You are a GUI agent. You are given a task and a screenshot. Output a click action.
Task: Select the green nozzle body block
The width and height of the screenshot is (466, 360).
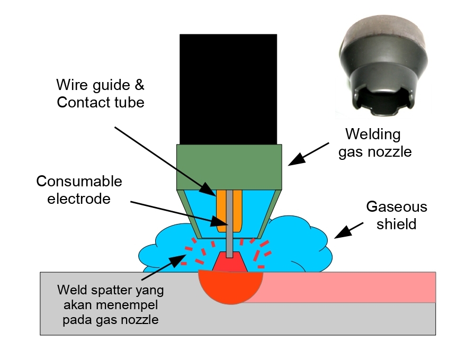pos(229,167)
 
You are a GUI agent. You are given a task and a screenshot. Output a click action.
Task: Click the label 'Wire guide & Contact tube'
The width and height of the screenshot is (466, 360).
pos(100,93)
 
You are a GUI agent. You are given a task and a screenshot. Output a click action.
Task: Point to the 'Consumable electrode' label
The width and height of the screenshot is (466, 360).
pos(79,190)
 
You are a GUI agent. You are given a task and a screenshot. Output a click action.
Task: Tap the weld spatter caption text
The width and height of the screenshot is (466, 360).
pos(111,304)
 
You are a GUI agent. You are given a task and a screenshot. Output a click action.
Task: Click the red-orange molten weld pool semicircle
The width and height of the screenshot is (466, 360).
pos(230,286)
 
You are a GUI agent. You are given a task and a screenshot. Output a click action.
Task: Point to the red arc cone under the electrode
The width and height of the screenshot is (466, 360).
pos(229,263)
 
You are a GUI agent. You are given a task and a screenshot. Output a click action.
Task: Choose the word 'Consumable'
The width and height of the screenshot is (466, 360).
pos(79,182)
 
